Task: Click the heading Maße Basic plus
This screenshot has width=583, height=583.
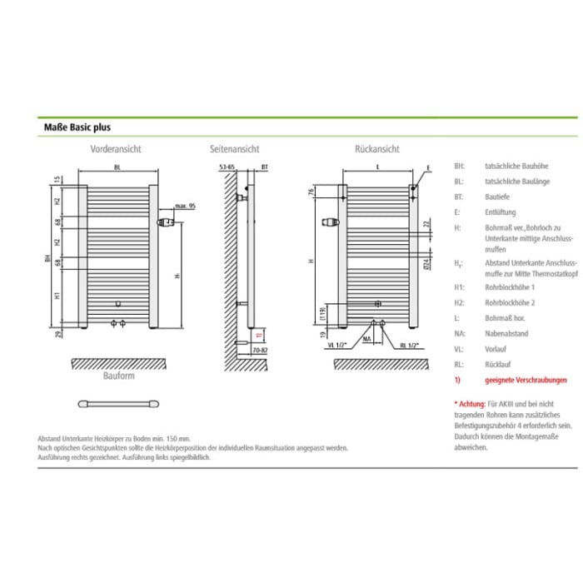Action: pyautogui.click(x=77, y=128)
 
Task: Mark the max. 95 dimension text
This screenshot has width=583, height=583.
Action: pyautogui.click(x=185, y=205)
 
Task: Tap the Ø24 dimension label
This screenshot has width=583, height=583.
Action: pyautogui.click(x=425, y=265)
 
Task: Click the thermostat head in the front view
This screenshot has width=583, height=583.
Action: pyautogui.click(x=167, y=222)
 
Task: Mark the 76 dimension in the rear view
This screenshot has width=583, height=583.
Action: pyautogui.click(x=309, y=193)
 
